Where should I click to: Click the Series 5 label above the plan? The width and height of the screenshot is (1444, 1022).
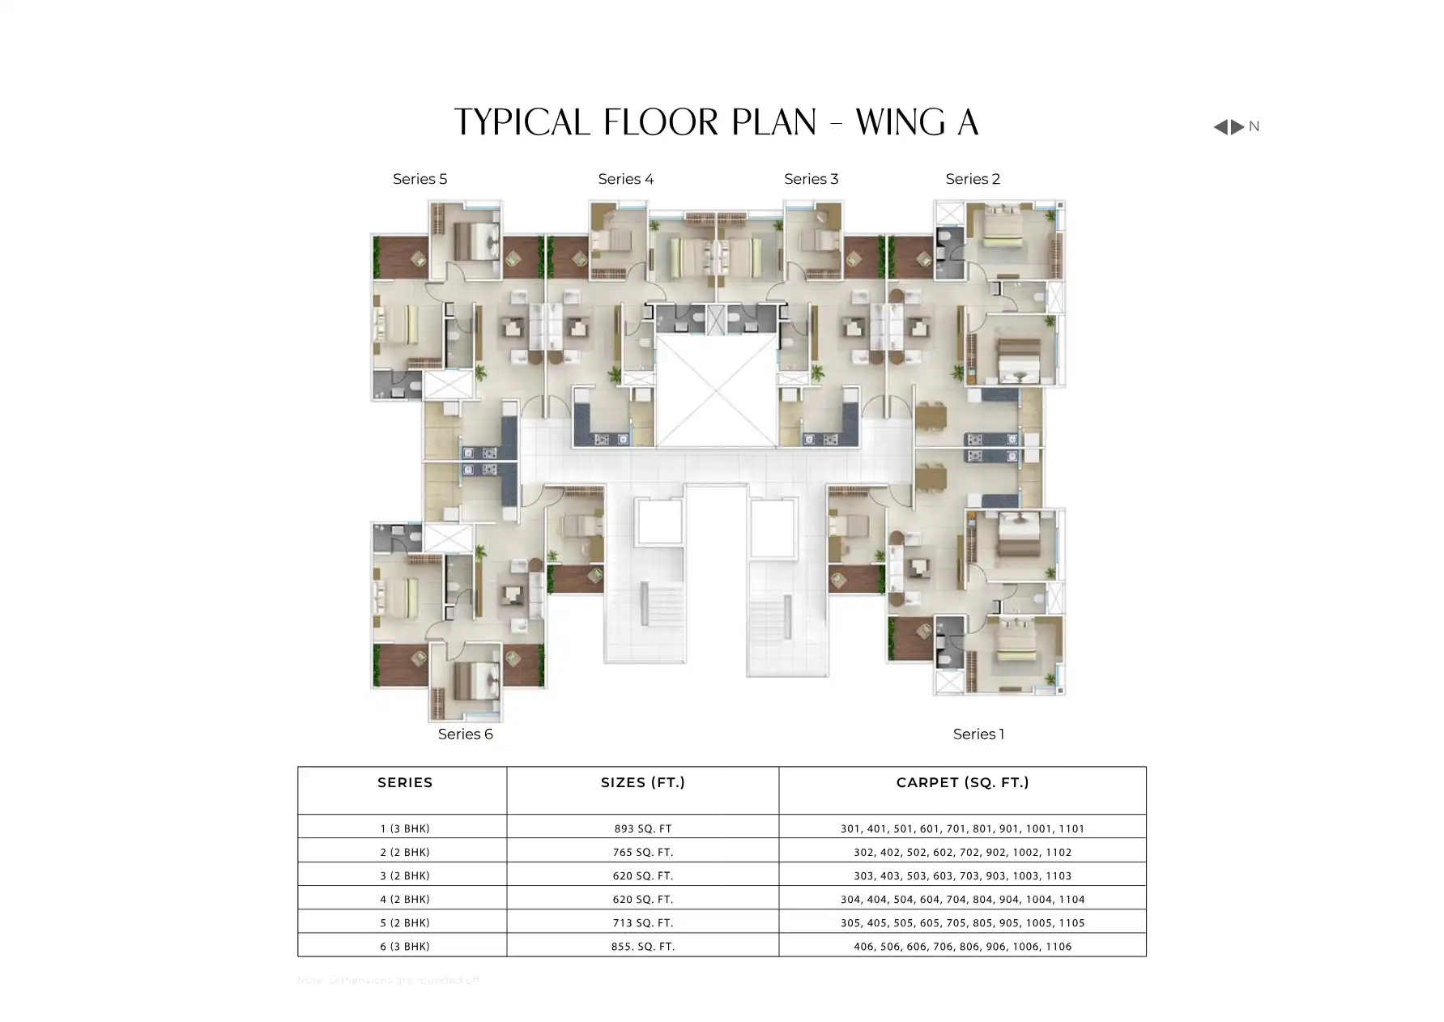point(420,179)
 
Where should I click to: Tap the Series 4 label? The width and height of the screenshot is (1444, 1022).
point(625,179)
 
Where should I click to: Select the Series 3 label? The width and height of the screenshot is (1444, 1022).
point(811,179)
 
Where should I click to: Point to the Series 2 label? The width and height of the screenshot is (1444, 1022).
point(973,179)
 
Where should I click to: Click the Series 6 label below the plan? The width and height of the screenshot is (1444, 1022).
point(465,734)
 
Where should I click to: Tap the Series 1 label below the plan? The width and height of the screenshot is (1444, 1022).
point(978,734)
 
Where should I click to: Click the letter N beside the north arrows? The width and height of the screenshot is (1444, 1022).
point(1254,126)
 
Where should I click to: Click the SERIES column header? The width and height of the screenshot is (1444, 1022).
point(405,782)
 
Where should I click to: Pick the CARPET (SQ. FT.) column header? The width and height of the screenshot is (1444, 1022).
point(962,782)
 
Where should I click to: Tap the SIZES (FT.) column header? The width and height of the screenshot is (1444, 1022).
point(642,782)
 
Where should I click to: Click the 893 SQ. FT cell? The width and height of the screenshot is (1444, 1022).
point(642,828)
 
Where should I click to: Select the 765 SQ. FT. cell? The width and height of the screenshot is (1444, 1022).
point(642,852)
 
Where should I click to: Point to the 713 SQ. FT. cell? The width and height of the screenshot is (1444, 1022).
point(642,922)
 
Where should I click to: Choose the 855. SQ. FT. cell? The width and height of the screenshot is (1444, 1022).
point(642,946)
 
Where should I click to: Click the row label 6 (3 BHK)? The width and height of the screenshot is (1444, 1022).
point(405,946)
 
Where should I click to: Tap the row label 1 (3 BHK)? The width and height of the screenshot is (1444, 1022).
point(405,828)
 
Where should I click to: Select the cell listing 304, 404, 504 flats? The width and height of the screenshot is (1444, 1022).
point(962,899)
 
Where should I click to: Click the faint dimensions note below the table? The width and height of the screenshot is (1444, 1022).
point(389,980)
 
